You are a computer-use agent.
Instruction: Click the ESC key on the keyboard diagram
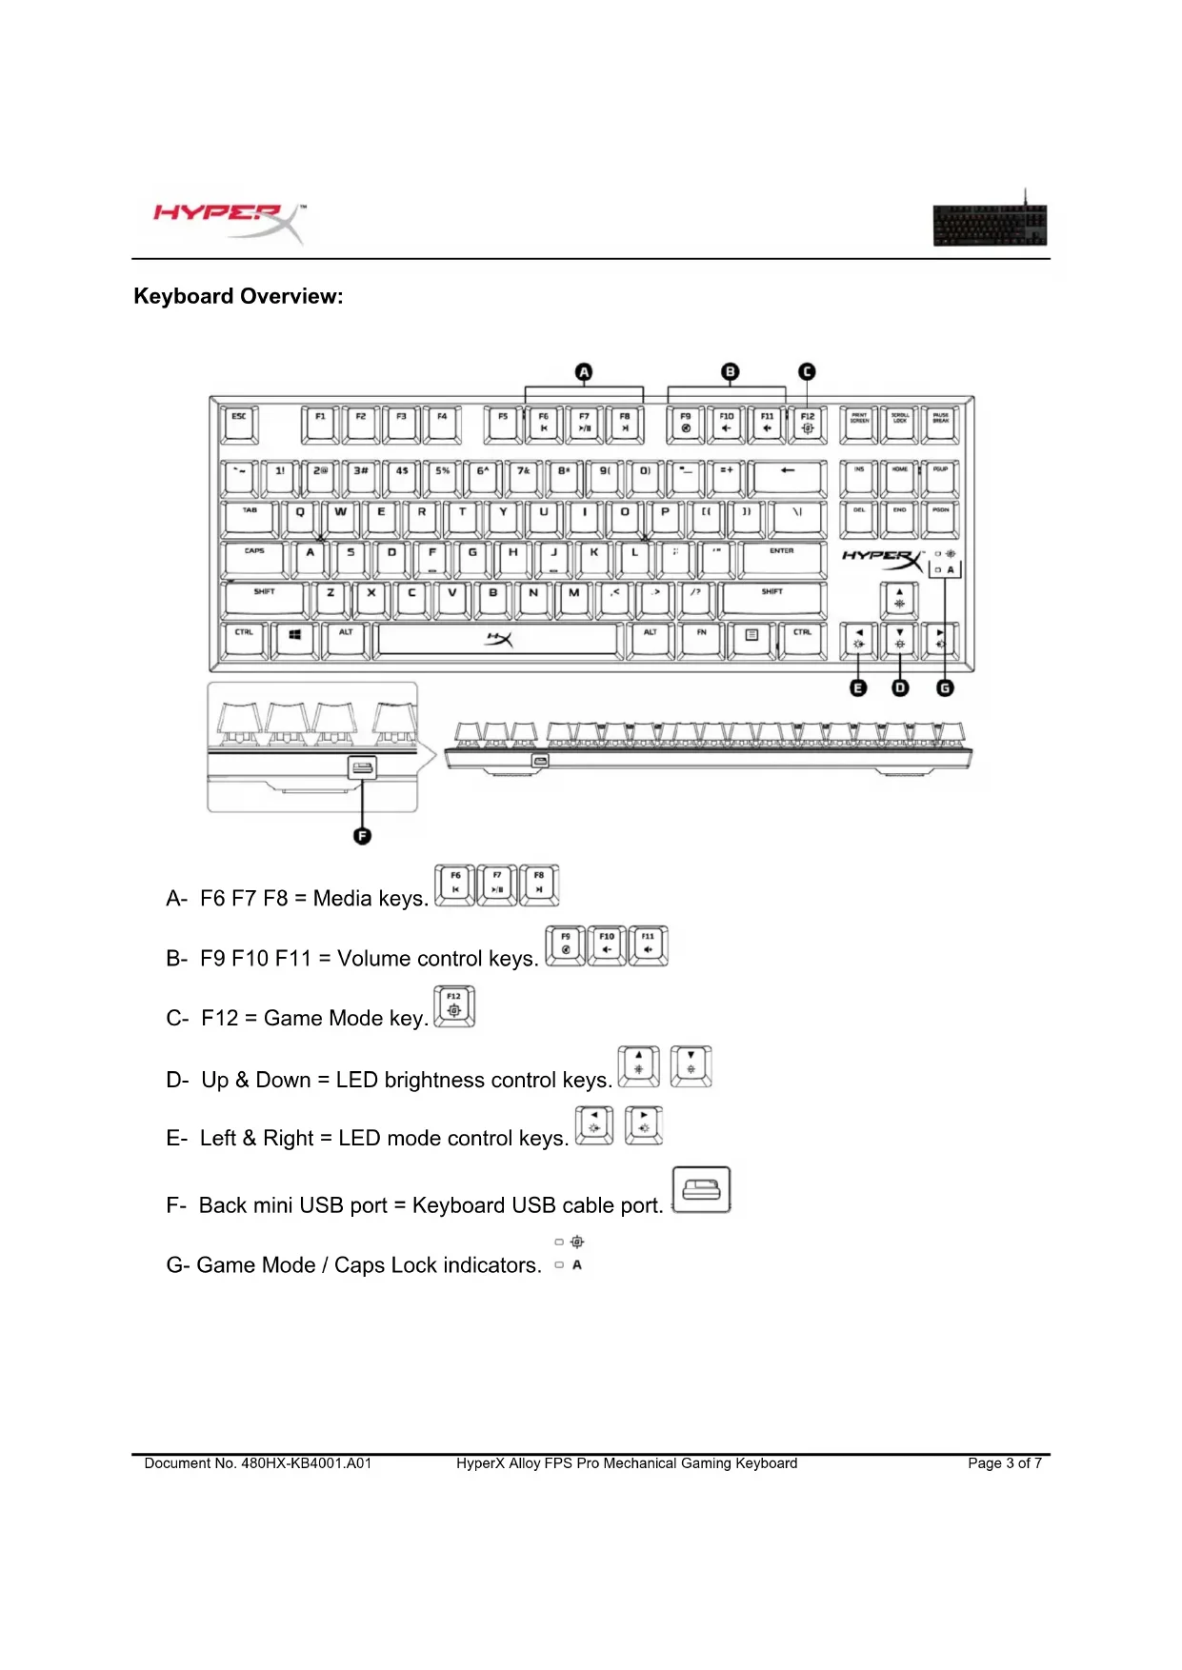pos(239,425)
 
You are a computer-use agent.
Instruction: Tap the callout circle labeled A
pos(584,372)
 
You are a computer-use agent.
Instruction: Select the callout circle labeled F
pos(362,836)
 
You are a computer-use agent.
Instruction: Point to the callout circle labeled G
pos(945,687)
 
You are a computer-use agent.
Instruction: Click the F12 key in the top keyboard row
pos(808,425)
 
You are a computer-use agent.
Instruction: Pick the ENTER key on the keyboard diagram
pos(782,559)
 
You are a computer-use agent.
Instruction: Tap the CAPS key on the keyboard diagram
pos(254,559)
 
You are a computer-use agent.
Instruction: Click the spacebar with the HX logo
pos(498,640)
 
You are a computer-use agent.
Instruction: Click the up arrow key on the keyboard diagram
pos(899,599)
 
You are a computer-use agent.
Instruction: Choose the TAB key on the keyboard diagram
pos(250,519)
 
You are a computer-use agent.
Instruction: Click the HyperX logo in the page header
pos(229,217)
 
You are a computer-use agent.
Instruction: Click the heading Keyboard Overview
pos(238,296)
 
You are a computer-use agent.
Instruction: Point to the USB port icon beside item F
pos(701,1189)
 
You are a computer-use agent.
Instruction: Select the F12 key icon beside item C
pos(454,1006)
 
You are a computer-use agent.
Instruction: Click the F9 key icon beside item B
pos(566,945)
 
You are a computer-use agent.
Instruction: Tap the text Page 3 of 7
pos(1004,1463)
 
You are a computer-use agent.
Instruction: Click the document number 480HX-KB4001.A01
pos(306,1463)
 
